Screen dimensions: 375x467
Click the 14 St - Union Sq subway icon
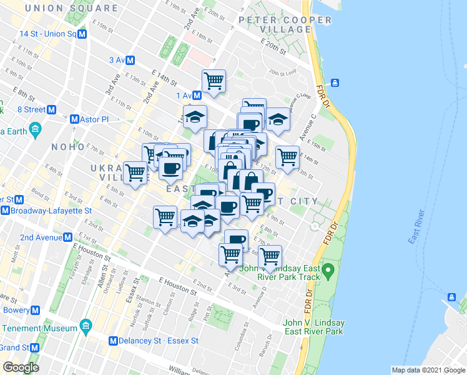[82, 34]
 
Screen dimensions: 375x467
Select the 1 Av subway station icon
[197, 95]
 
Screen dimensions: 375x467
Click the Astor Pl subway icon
[75, 119]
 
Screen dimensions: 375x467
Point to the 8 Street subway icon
[52, 109]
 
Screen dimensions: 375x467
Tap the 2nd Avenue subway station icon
[67, 237]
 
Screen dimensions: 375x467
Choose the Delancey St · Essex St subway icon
[113, 341]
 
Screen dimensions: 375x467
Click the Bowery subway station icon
[36, 310]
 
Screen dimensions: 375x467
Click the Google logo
[21, 367]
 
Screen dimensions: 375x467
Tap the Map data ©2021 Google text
[428, 370]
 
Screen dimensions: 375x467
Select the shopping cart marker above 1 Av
[214, 80]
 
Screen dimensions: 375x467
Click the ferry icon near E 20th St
[335, 82]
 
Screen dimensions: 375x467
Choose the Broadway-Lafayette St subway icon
[5, 211]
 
